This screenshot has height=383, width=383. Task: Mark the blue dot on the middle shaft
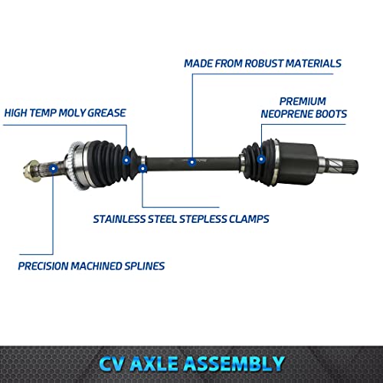pos(190,162)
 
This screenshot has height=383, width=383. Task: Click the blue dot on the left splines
pos(52,164)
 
